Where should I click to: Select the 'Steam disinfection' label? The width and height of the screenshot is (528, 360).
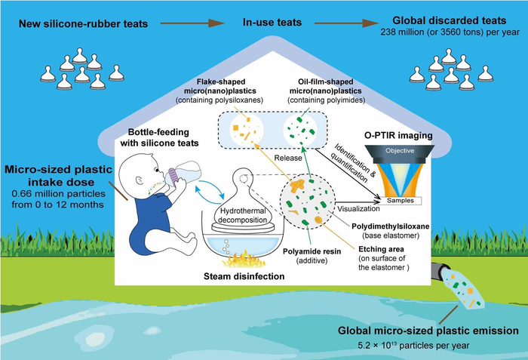[x=238, y=277]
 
